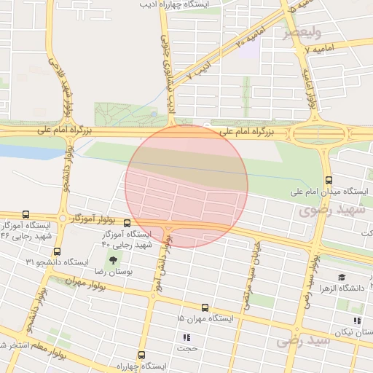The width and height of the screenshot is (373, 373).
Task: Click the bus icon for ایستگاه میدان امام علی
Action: [x=329, y=179]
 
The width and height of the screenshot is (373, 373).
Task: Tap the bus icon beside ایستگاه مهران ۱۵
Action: [x=205, y=308]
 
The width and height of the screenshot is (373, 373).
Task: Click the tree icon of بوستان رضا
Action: [x=112, y=259]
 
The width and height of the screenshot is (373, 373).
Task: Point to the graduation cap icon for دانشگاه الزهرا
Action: [x=341, y=277]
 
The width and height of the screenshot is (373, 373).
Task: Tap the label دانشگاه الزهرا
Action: [x=347, y=288]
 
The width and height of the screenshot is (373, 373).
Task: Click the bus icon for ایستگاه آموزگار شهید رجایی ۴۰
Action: [x=127, y=223]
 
